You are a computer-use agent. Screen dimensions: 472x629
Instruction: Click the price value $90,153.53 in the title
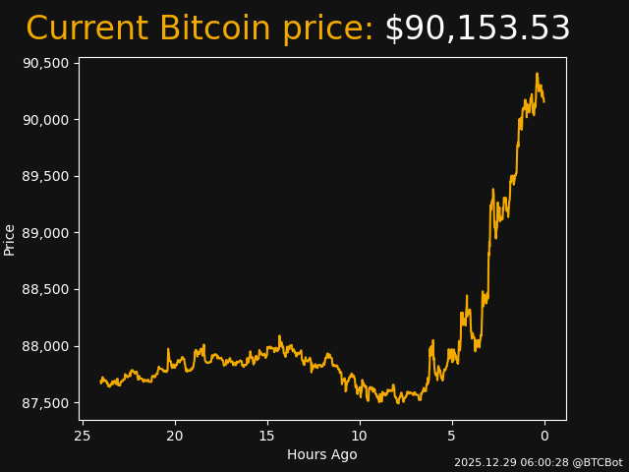click(477, 29)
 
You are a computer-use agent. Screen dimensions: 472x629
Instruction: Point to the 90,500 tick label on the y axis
click(45, 63)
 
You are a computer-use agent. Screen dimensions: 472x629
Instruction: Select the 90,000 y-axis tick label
click(45, 120)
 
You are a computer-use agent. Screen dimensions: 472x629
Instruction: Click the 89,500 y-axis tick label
click(45, 177)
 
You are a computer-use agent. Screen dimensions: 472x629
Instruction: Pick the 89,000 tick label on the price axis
click(45, 233)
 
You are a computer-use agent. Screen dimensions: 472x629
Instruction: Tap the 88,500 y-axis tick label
click(45, 290)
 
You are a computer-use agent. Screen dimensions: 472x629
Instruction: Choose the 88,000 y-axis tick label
click(45, 347)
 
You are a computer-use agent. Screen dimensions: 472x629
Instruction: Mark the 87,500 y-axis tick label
click(45, 404)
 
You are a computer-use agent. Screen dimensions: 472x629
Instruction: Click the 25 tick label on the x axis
click(83, 436)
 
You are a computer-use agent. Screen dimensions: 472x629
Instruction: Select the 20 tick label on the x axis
click(175, 436)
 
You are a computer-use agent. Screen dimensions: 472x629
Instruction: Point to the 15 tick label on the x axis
click(267, 436)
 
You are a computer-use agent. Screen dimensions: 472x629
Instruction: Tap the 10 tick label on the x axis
click(360, 436)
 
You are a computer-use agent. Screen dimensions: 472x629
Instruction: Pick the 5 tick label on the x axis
click(452, 436)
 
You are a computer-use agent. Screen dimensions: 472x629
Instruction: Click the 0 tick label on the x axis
click(544, 436)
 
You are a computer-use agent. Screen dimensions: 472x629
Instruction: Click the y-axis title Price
click(10, 239)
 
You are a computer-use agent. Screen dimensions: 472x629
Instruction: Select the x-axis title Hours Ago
click(322, 454)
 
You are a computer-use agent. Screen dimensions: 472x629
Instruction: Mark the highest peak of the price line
click(537, 74)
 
